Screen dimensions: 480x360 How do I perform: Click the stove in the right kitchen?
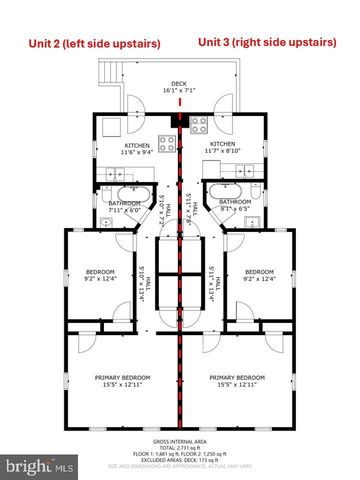coord(198,125)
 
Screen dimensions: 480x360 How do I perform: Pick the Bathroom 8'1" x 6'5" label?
coord(234,204)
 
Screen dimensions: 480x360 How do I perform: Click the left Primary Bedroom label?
coord(123,380)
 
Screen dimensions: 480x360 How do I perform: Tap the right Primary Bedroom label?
coord(236,380)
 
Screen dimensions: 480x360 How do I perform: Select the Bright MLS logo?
coord(39,466)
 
